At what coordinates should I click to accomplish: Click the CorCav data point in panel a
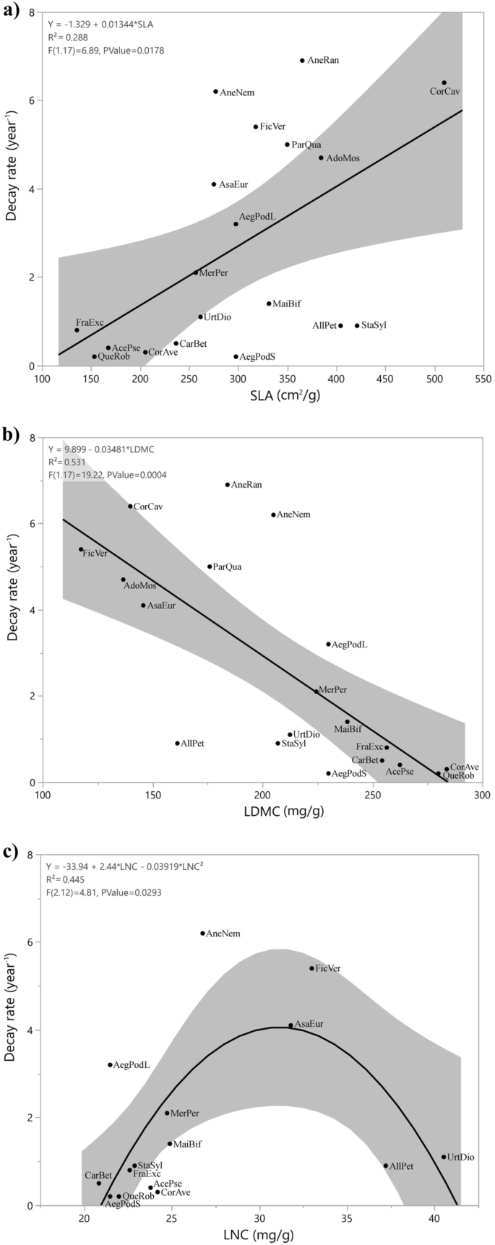pyautogui.click(x=444, y=83)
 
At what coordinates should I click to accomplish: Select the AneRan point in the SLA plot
pyautogui.click(x=302, y=61)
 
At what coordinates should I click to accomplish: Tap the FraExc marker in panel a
pyautogui.click(x=77, y=330)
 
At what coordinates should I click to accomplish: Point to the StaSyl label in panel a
pyautogui.click(x=374, y=325)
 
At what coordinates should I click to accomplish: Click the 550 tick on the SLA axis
pyautogui.click(x=483, y=378)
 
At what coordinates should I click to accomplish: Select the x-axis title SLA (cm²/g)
pyautogui.click(x=262, y=395)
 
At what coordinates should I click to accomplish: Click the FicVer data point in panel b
pyautogui.click(x=81, y=549)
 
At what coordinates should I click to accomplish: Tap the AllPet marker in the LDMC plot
pyautogui.click(x=177, y=743)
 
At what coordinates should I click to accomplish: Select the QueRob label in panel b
pyautogui.click(x=458, y=775)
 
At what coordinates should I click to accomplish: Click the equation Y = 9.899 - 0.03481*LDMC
pyautogui.click(x=101, y=449)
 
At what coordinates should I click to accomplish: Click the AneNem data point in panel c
pyautogui.click(x=202, y=934)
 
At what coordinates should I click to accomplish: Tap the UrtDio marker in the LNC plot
pyautogui.click(x=444, y=1157)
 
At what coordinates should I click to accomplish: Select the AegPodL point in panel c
pyautogui.click(x=110, y=1064)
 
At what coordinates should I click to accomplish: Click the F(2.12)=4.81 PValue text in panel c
pyautogui.click(x=106, y=892)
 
